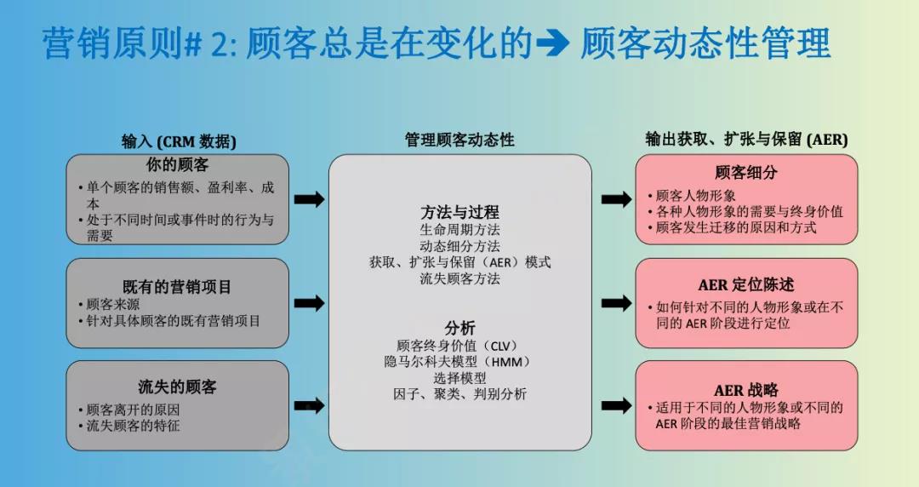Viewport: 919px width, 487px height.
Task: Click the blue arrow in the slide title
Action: (553, 43)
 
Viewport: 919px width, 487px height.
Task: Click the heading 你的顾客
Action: (177, 165)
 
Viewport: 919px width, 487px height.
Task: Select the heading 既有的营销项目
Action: (177, 287)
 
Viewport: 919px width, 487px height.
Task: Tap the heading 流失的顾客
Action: (177, 387)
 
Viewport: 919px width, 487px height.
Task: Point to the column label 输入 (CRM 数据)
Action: (179, 141)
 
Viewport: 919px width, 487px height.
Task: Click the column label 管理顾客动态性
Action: (459, 140)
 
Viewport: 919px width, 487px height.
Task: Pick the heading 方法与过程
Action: (459, 212)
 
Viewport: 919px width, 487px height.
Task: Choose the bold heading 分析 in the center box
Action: (459, 328)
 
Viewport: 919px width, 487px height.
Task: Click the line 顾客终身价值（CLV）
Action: (459, 346)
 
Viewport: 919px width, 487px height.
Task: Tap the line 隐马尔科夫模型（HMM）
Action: (459, 362)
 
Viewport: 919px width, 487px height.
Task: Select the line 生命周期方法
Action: (459, 229)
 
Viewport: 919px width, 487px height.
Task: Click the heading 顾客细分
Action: (746, 173)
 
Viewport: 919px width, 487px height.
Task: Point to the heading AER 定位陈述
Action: (746, 285)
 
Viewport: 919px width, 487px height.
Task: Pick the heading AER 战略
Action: (746, 390)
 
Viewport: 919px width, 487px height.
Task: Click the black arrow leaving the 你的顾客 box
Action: (309, 199)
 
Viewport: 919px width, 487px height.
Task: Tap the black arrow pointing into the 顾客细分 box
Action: (617, 199)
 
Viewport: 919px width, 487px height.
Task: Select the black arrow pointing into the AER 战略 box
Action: (617, 405)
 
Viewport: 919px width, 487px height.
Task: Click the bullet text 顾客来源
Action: (113, 305)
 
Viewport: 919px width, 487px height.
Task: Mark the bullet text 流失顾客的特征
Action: (133, 426)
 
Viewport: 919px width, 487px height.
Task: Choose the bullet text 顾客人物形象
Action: (696, 195)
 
